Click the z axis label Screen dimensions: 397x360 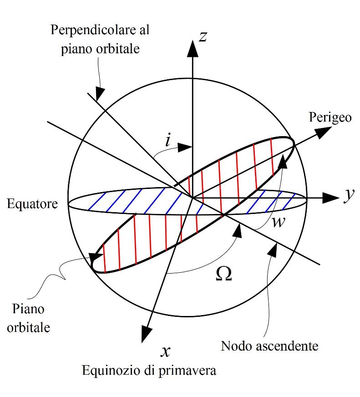(203, 36)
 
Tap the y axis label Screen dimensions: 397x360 (349, 195)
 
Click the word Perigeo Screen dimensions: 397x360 (330, 117)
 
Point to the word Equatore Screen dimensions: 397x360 (32, 204)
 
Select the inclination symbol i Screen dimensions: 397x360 (168, 141)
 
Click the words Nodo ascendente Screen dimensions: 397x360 (269, 346)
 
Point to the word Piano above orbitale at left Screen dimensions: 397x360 (29, 309)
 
